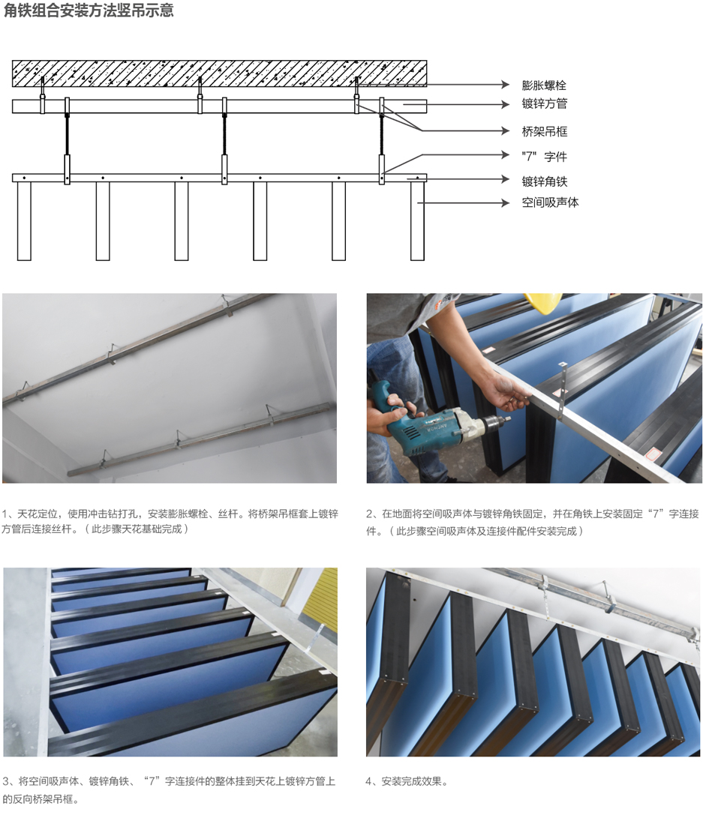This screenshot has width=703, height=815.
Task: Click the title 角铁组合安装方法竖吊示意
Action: tap(89, 10)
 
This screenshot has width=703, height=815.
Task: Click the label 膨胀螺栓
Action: tap(544, 85)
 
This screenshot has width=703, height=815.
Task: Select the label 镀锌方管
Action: tap(545, 103)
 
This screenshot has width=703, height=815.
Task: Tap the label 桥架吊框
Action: tap(545, 131)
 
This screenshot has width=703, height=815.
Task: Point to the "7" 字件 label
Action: tap(544, 157)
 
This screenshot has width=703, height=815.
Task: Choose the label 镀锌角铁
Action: tap(545, 181)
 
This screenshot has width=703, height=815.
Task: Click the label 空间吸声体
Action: tap(550, 202)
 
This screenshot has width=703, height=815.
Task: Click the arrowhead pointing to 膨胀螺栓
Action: tap(505, 84)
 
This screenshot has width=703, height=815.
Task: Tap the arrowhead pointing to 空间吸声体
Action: tap(505, 202)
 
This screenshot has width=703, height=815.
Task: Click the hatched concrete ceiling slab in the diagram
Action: tap(219, 73)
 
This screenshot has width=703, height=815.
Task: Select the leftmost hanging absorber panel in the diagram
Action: tap(24, 221)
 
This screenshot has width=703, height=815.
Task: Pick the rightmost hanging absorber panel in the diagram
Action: tap(417, 221)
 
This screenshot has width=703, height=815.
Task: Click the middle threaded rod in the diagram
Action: tap(224, 133)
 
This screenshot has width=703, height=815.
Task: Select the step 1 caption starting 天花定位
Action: tap(170, 521)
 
